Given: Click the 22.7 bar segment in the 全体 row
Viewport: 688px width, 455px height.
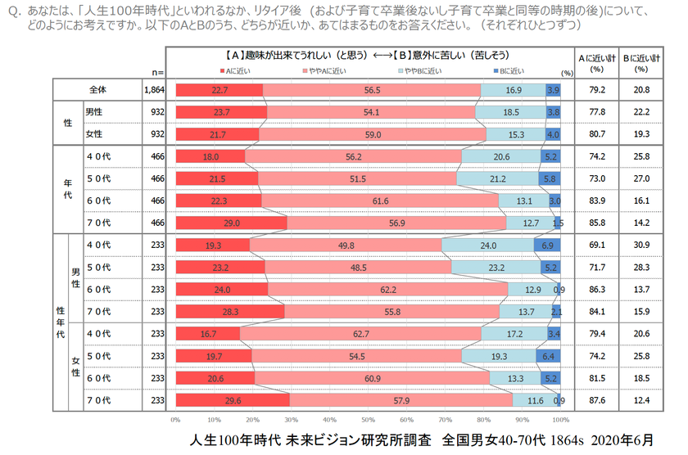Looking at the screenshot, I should pyautogui.click(x=219, y=90).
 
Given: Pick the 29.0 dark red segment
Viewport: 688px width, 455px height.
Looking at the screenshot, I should pyautogui.click(x=231, y=222).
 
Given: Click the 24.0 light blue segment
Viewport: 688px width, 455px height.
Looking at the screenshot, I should pyautogui.click(x=487, y=245).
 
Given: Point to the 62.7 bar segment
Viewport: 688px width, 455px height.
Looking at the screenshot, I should pyautogui.click(x=360, y=333).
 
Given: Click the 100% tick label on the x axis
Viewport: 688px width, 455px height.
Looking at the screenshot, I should pyautogui.click(x=561, y=419).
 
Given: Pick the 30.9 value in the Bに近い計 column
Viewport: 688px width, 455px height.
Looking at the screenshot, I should pyautogui.click(x=640, y=245).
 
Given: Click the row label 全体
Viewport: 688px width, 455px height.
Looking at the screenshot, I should pyautogui.click(x=100, y=89).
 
